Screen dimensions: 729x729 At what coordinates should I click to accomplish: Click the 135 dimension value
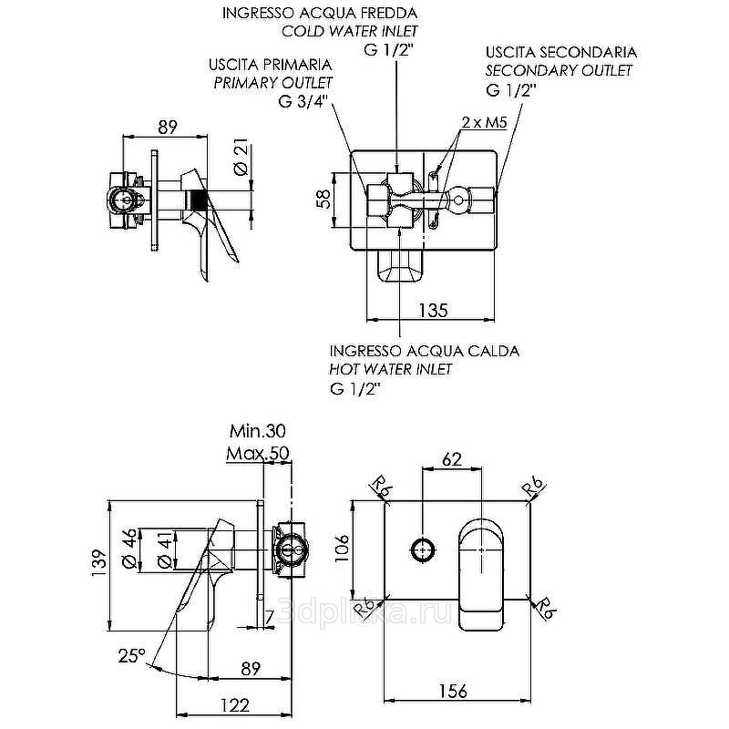433,310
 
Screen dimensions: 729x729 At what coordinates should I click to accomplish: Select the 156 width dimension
453,691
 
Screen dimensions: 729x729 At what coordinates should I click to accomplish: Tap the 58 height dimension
324,199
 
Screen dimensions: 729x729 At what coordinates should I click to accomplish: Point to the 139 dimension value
99,563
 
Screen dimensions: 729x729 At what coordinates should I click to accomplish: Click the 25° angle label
131,655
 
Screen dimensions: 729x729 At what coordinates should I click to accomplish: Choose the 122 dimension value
235,705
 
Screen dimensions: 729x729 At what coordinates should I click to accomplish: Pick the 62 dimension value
452,459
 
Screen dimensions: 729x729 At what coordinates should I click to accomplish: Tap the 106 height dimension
343,548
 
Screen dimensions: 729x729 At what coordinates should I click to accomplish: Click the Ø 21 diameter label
241,157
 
